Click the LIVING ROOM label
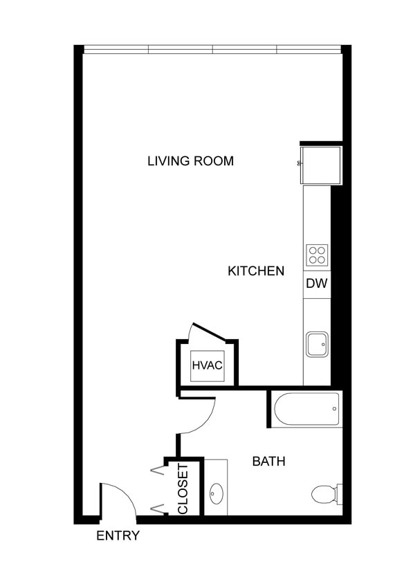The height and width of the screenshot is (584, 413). click(190, 161)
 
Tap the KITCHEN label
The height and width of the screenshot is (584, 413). click(256, 271)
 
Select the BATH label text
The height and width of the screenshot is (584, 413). click(268, 461)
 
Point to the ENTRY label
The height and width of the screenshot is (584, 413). click(118, 536)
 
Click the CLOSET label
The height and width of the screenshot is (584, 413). click(183, 489)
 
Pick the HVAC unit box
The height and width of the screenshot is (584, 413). click(207, 365)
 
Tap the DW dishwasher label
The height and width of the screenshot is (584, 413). click(317, 284)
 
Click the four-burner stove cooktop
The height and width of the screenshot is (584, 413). click(317, 255)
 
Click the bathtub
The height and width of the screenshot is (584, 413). click(307, 409)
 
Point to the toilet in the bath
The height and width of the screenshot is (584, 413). click(322, 494)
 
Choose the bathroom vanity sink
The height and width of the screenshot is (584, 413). click(216, 494)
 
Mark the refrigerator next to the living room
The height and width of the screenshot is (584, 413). click(321, 164)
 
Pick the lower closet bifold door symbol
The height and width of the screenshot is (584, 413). click(158, 509)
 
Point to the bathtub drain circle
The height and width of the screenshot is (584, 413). click(334, 409)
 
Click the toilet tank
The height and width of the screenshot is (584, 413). click(339, 494)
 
